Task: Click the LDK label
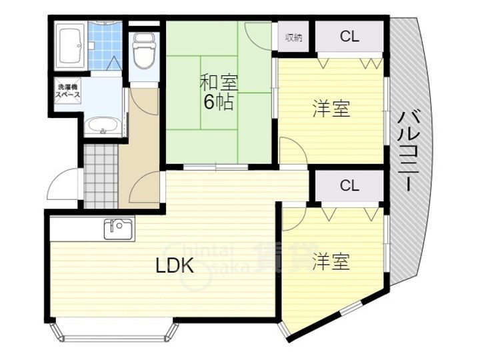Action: point(174,267)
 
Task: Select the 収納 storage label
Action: point(294,37)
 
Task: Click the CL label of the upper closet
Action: point(349,37)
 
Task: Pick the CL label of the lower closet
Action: point(349,186)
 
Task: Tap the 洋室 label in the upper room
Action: point(331,109)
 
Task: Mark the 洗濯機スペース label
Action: point(67,91)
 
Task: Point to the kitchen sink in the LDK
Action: point(119,229)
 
